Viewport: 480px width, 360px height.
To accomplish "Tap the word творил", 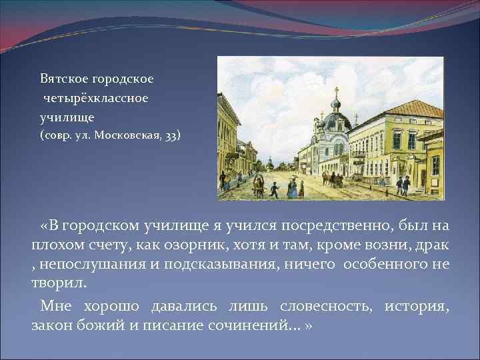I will [59, 283].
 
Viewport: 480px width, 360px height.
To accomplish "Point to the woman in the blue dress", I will [291, 188].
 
